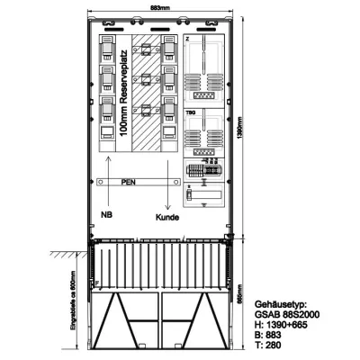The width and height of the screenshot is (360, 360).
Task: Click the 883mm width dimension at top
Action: click(159, 8)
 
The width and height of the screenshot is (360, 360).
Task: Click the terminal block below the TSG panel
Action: click(202, 169)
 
